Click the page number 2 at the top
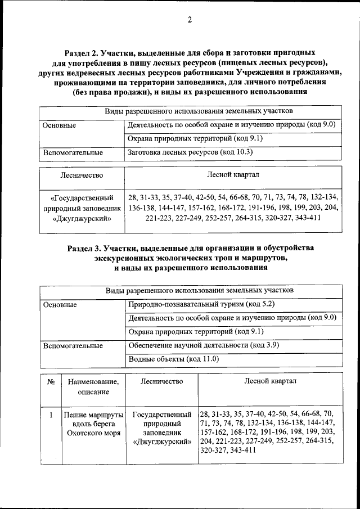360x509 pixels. [190, 21]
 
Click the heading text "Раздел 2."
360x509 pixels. [84, 52]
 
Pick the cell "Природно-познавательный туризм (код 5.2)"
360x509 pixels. [201, 304]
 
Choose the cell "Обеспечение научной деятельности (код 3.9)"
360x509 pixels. [204, 345]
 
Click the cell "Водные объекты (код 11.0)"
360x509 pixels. [173, 359]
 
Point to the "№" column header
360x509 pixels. [51, 382]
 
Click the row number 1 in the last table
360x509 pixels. [51, 415]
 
